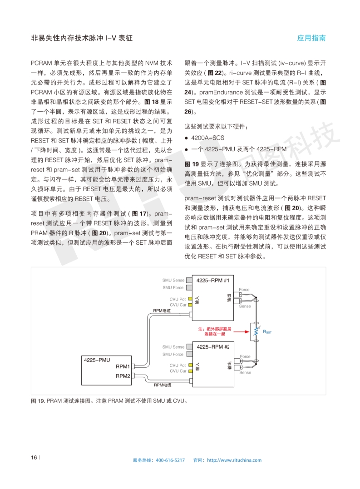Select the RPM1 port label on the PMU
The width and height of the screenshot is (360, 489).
click(123, 366)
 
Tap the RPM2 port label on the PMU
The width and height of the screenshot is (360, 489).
click(123, 376)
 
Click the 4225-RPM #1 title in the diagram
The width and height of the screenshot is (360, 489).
click(212, 281)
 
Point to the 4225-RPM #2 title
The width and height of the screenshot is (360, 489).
click(212, 347)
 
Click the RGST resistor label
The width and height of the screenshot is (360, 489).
click(266, 332)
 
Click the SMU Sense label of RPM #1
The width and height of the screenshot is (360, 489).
click(173, 281)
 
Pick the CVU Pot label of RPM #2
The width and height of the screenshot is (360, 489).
click(178, 365)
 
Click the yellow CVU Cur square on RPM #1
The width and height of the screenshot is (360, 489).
click(190, 305)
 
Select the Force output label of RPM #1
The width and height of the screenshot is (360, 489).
click(244, 290)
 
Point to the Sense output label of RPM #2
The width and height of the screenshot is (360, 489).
click(245, 373)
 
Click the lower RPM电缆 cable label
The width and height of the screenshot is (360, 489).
click(162, 385)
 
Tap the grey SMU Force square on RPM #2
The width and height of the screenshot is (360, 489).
click(190, 354)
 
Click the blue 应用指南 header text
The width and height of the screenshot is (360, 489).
click(311, 38)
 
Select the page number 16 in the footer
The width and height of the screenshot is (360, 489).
click(34, 457)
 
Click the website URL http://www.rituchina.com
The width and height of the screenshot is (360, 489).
click(234, 460)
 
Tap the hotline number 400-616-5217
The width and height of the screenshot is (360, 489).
click(170, 460)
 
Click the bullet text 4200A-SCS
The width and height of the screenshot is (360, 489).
click(208, 138)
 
